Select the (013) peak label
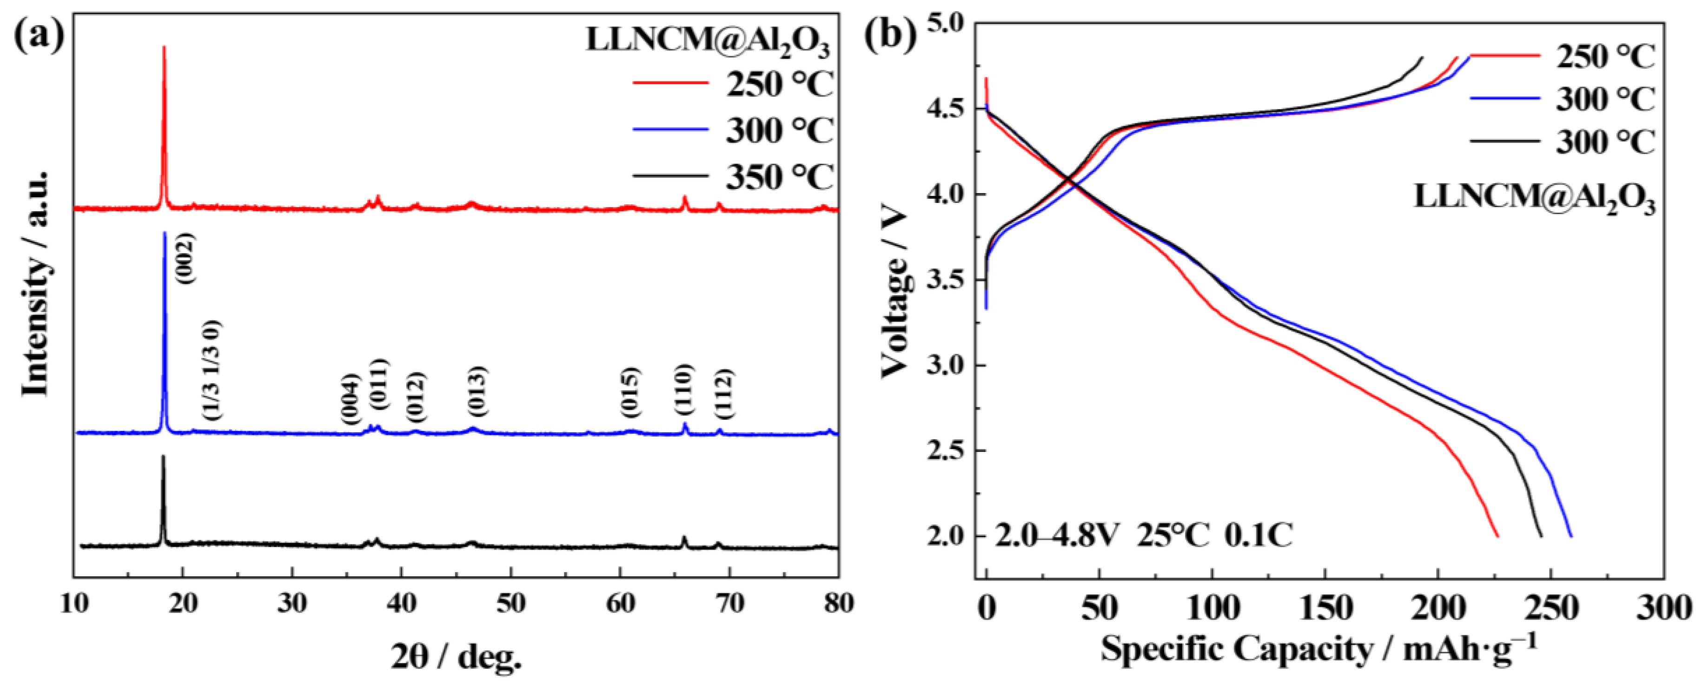pos(477,391)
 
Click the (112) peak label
pos(724,394)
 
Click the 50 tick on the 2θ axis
pos(510,603)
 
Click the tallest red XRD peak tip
pos(164,47)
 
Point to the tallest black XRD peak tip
pos(163,457)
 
